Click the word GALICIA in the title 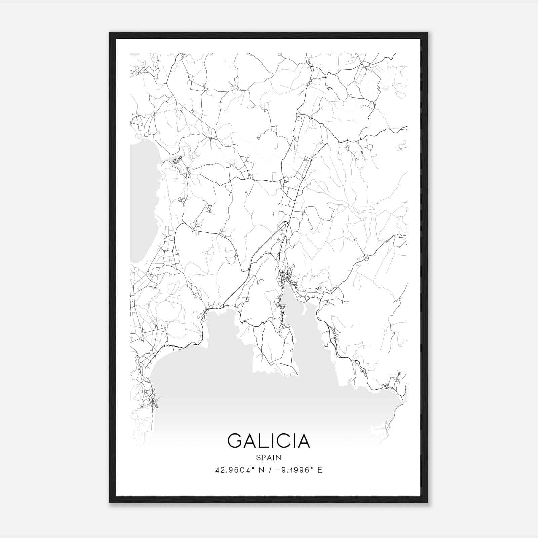269,441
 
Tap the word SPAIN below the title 269,458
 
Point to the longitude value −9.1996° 293,470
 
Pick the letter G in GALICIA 235,441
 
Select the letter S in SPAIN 258,458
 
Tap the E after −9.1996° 320,470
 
